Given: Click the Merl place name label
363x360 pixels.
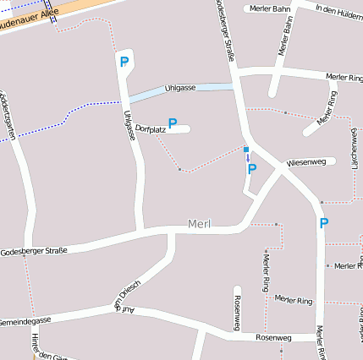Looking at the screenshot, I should (x=199, y=225).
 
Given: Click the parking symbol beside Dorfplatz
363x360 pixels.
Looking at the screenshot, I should (x=173, y=123).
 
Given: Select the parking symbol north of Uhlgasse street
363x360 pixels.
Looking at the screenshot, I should (x=124, y=62).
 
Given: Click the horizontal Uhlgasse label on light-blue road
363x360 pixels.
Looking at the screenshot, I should (x=180, y=88).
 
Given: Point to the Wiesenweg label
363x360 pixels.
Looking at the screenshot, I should (x=306, y=161).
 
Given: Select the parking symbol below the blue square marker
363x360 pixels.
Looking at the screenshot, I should (x=251, y=169).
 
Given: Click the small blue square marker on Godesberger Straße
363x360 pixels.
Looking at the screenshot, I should (x=246, y=150).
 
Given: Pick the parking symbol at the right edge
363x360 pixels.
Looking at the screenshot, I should (x=323, y=223).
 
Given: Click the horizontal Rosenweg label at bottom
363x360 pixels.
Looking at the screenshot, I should (x=273, y=337).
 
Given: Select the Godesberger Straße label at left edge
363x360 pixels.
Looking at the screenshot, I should (x=33, y=251).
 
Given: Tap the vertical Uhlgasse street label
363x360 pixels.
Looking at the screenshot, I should (x=129, y=124).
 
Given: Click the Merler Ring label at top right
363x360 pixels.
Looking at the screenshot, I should (x=344, y=77).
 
